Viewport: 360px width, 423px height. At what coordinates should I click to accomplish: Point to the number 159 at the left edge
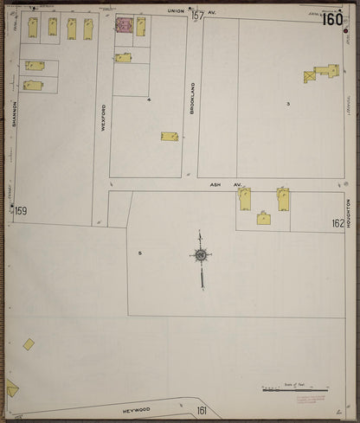pyautogui.click(x=21, y=211)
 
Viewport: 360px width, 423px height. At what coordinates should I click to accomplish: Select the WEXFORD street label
pyautogui.click(x=103, y=117)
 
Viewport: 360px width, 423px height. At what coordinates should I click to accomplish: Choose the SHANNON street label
pyautogui.click(x=15, y=113)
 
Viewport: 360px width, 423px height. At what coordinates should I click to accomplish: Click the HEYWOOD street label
pyautogui.click(x=137, y=410)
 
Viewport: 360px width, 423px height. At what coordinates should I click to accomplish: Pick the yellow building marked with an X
pyautogui.click(x=310, y=77)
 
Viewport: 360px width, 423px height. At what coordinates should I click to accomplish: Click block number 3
pyautogui.click(x=288, y=104)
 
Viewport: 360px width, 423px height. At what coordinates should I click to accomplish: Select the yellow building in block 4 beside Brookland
pyautogui.click(x=170, y=136)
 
